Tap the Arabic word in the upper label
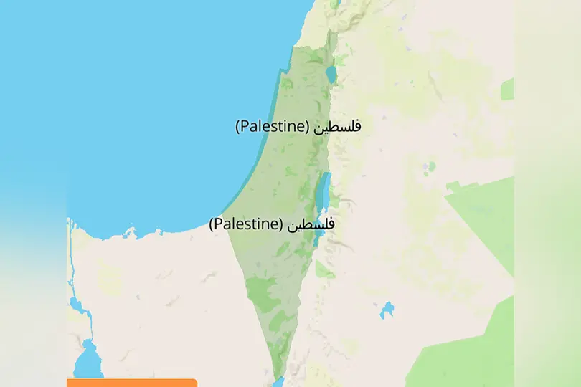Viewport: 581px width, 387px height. click(338, 126)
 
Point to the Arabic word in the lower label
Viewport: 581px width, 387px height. click(311, 224)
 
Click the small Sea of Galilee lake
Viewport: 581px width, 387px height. click(330, 74)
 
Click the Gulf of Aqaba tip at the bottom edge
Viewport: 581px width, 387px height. click(279, 382)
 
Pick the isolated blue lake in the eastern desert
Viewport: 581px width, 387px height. click(387, 310)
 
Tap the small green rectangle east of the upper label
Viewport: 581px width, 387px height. click(507, 89)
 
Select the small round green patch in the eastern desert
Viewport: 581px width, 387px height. click(430, 167)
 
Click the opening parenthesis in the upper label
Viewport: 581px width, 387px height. click(239, 128)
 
